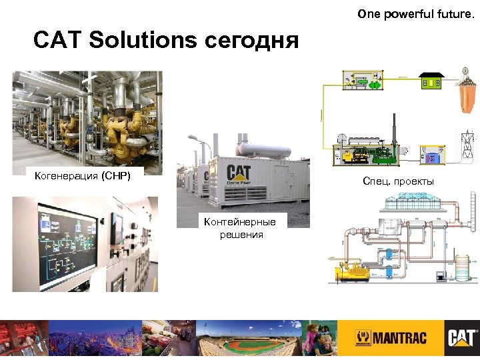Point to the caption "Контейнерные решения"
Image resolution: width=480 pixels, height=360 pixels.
coord(243,228)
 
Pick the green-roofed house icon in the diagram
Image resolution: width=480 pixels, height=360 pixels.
coord(432,81)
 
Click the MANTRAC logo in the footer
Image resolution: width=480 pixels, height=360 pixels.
coord(390,337)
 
